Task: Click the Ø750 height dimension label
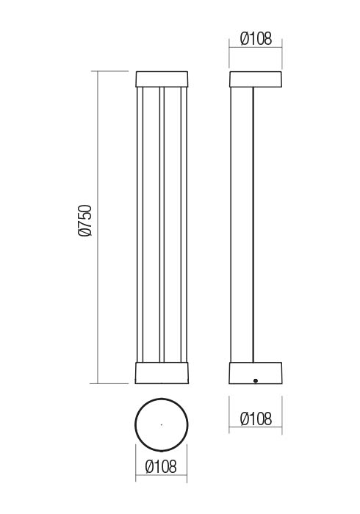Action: click(x=84, y=220)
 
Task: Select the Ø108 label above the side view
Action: click(x=256, y=39)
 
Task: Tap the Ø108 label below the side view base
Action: click(x=256, y=419)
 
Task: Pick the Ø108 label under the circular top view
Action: click(x=162, y=466)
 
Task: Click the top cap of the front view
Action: click(x=162, y=79)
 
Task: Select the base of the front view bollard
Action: click(x=162, y=372)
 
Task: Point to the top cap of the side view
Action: click(x=256, y=79)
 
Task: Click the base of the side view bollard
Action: click(x=256, y=372)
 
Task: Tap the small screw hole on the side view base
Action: click(x=254, y=380)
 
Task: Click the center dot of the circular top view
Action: click(x=162, y=424)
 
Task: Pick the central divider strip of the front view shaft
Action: click(x=162, y=225)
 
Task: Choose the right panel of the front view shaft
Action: click(x=175, y=225)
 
